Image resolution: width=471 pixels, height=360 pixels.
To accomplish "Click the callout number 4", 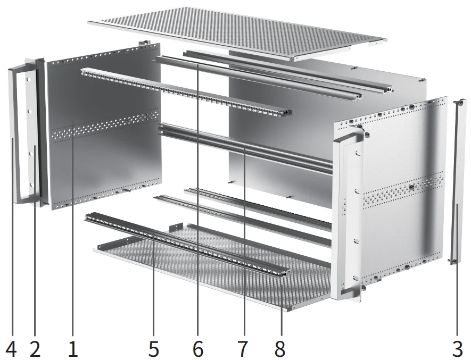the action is coord(11,349).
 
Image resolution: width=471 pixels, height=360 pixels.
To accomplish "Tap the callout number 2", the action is coord(35,349).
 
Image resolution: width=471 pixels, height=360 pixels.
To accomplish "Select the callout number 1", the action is coord(73,349).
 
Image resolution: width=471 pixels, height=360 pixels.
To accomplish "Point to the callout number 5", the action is coord(153,349).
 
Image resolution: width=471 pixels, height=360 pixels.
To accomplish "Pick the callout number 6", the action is coord(197,349).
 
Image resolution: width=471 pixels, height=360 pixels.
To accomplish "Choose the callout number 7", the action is coord(242,349).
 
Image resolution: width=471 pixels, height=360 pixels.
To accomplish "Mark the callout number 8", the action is coord(280,349).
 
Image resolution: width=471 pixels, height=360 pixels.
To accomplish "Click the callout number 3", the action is coord(458,349).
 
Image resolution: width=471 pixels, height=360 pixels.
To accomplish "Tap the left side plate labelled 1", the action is coord(104,126).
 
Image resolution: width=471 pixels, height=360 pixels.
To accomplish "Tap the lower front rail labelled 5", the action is coord(186,243).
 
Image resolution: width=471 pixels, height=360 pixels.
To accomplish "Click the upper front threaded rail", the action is coord(186,91).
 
